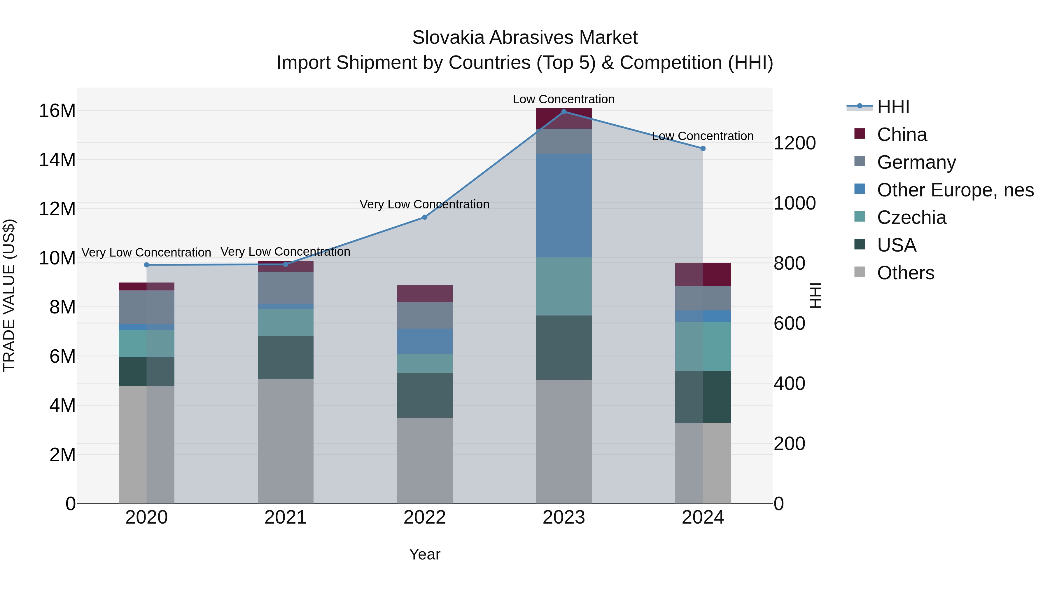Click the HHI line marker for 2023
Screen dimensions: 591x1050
(564, 112)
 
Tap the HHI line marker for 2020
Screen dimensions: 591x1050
(147, 265)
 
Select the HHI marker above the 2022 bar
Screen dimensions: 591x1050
(425, 217)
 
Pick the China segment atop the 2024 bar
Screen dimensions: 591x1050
(703, 275)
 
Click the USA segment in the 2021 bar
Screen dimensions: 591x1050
(285, 358)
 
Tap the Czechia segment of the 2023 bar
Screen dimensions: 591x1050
(564, 286)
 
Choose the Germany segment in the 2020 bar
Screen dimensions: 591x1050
(147, 307)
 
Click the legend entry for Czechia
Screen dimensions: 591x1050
(911, 218)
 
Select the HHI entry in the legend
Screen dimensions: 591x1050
(893, 107)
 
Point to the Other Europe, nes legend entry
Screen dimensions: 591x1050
(955, 190)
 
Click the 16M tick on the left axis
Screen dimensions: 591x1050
(57, 111)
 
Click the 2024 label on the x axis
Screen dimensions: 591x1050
(703, 517)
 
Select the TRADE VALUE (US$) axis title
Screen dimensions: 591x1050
(9, 295)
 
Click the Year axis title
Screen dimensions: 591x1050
(425, 554)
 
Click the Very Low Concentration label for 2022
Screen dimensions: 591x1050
(424, 204)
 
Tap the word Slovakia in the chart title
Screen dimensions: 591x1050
(447, 38)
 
